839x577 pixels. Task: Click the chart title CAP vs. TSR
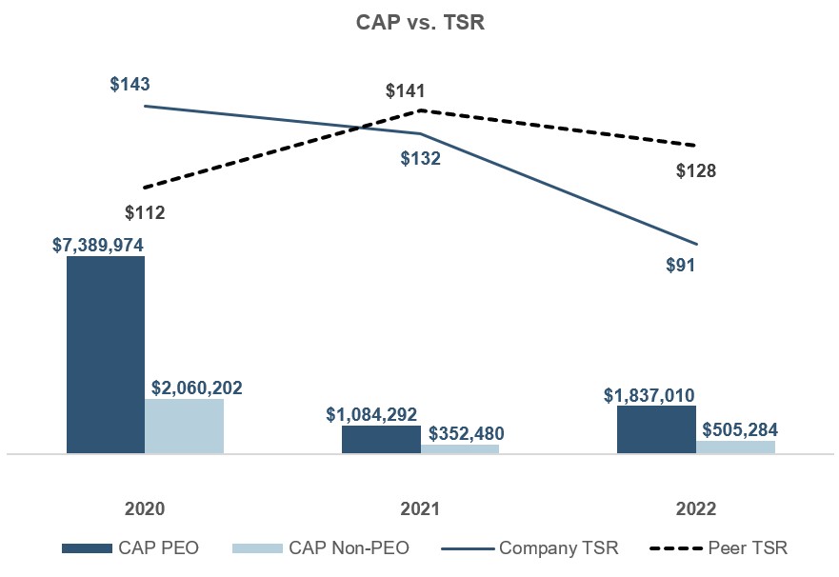click(x=420, y=24)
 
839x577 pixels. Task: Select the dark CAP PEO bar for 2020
click(x=106, y=354)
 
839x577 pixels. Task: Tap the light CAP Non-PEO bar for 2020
click(x=184, y=426)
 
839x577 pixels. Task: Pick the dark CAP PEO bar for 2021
click(x=381, y=439)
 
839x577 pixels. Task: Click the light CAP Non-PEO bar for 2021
click(x=460, y=448)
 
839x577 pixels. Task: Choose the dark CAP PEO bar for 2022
click(x=656, y=429)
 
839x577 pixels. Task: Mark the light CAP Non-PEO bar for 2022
click(x=735, y=446)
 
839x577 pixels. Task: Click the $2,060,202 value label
click(x=197, y=388)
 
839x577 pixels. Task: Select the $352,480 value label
click(x=467, y=433)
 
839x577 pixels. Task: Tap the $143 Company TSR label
click(x=130, y=85)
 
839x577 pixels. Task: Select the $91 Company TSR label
click(x=680, y=266)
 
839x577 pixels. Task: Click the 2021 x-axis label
click(x=420, y=508)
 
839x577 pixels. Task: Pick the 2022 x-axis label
click(x=696, y=508)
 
